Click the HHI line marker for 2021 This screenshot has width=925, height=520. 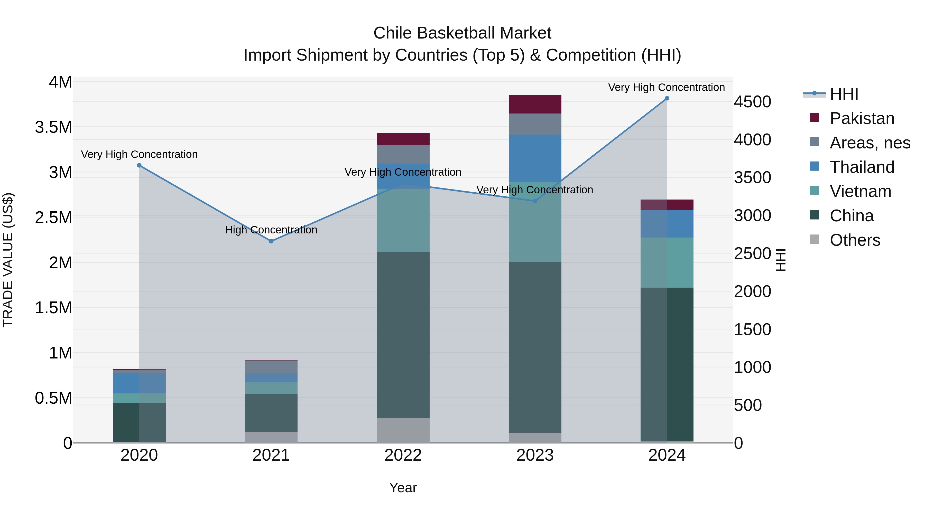pos(271,241)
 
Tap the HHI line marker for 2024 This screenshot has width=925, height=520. pos(667,98)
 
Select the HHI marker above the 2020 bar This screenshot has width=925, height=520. pos(139,165)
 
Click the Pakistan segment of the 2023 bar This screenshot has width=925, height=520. pos(535,105)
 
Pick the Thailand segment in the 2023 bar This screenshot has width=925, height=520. pos(535,158)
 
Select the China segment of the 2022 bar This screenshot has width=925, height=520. pos(403,335)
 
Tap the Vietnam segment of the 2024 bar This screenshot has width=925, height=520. pos(667,262)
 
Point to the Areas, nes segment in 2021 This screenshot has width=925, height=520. pos(271,367)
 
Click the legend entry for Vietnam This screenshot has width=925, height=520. pos(860,191)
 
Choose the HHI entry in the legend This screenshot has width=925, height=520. pos(844,94)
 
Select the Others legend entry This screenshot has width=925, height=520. pos(855,240)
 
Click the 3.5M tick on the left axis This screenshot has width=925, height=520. pos(53,127)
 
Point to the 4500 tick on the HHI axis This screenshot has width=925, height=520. pos(752,102)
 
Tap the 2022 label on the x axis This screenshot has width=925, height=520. pos(403,455)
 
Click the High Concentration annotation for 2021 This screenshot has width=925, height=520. pos(271,230)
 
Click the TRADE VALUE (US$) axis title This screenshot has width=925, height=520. pos(8,260)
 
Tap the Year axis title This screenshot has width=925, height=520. pos(403,488)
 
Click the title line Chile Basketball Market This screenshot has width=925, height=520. pos(462,33)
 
